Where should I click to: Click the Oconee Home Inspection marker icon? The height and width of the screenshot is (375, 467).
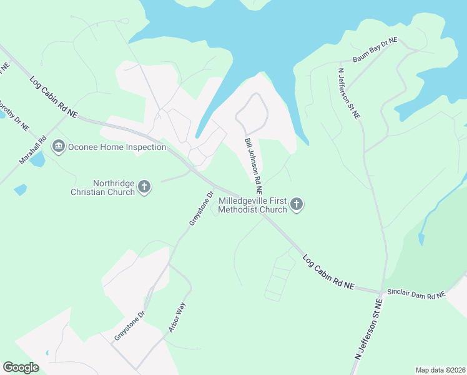59,147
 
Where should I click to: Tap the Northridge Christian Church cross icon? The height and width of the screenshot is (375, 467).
144,187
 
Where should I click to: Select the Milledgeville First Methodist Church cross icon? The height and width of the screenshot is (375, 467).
297,204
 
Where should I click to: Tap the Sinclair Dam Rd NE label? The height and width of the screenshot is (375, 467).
416,294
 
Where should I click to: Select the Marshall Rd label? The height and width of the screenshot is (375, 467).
33,151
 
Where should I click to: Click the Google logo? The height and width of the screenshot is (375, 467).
21,367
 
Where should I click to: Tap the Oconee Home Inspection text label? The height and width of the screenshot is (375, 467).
117,147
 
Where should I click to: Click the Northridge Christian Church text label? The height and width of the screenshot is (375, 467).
114,187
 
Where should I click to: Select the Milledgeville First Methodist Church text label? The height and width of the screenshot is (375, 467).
252,205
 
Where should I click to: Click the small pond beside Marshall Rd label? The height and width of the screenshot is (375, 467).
37,160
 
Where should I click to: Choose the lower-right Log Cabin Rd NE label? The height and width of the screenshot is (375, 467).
328,272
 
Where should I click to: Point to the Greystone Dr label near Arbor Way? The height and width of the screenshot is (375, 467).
129,326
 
